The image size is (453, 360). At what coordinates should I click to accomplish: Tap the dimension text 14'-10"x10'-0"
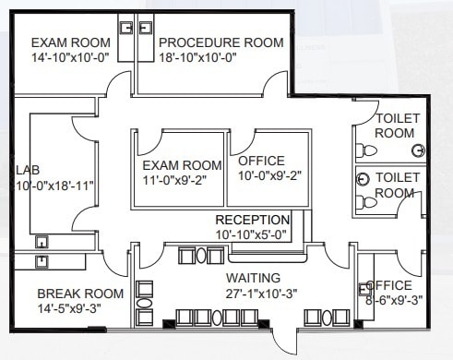[70, 57]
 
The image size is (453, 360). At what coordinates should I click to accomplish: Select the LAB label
[23, 170]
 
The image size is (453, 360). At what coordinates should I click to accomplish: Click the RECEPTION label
[253, 220]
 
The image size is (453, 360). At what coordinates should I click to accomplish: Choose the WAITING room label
[254, 278]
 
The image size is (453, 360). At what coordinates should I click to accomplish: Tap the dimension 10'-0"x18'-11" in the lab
[55, 185]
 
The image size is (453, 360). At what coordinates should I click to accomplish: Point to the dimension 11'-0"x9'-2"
[181, 180]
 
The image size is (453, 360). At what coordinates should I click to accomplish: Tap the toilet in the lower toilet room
[369, 199]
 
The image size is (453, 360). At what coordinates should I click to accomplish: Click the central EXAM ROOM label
[181, 165]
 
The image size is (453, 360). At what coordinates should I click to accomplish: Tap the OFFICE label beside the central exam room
[261, 161]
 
